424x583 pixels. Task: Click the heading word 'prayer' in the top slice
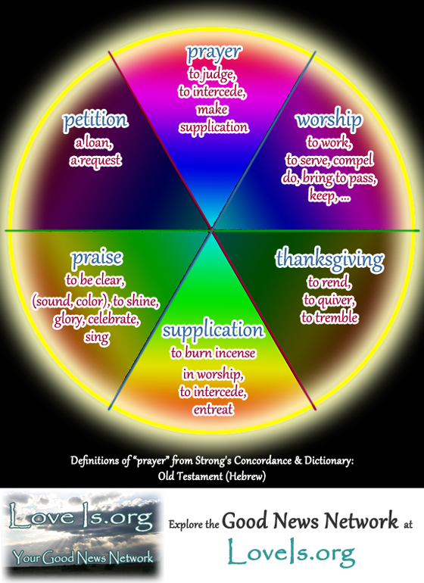pos(214,53)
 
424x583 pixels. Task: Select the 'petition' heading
pos(95,120)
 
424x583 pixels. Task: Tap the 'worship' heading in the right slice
pos(329,120)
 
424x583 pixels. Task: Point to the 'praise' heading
pos(97,258)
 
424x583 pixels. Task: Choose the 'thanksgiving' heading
pos(329,259)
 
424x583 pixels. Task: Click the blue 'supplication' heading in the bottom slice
pos(213,330)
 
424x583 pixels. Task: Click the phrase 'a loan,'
pos(94,142)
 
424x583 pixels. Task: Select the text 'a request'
pos(95,161)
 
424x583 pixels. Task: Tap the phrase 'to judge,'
pos(212,74)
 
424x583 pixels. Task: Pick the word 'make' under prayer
pos(213,109)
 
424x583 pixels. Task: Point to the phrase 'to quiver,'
pos(329,300)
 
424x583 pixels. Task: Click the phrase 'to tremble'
pos(329,317)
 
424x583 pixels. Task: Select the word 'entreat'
pos(213,410)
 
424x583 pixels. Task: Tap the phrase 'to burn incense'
pos(213,353)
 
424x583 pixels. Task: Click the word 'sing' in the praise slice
pos(97,337)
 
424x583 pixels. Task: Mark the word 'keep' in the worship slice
pos(322,195)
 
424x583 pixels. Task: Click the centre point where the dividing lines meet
pos(212,230)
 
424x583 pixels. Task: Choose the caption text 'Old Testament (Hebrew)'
pos(212,476)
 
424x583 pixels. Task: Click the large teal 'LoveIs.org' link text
pos(291,553)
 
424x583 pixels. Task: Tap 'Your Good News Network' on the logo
pos(83,557)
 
